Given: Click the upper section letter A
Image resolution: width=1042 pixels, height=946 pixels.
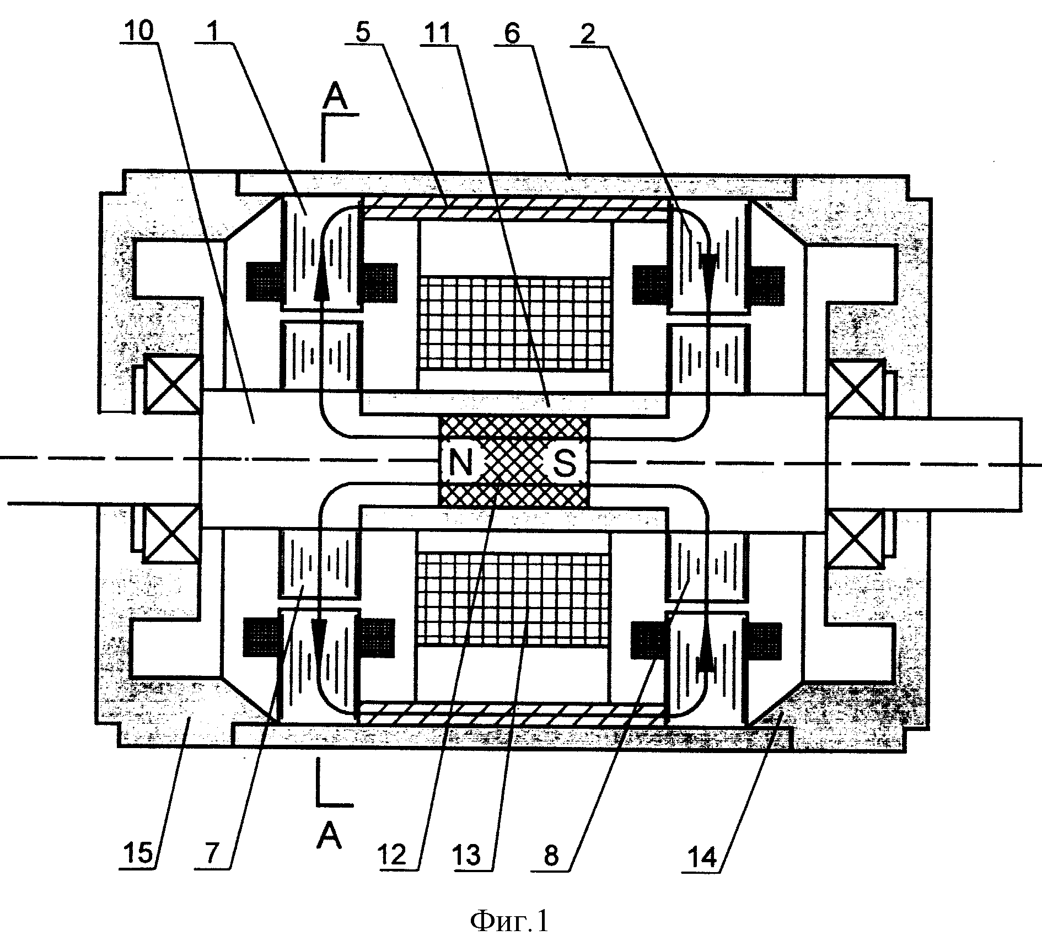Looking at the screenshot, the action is point(335,98).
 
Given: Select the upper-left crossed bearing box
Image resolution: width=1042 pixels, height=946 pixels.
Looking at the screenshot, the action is point(172,384).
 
